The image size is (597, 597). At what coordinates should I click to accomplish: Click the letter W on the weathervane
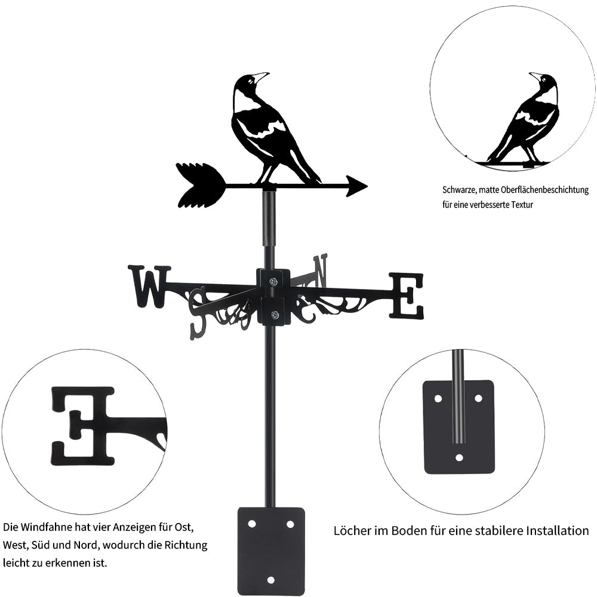click(x=149, y=286)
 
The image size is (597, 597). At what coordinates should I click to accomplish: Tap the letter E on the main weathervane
click(x=407, y=295)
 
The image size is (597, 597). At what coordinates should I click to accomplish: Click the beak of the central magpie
click(x=261, y=76)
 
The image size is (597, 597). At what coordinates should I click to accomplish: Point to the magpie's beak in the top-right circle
click(x=535, y=76)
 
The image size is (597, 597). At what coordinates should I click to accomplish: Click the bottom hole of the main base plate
click(x=271, y=579)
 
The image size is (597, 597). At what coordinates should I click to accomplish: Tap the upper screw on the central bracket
click(x=273, y=282)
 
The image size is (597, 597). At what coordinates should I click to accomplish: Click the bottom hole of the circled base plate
click(x=459, y=458)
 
